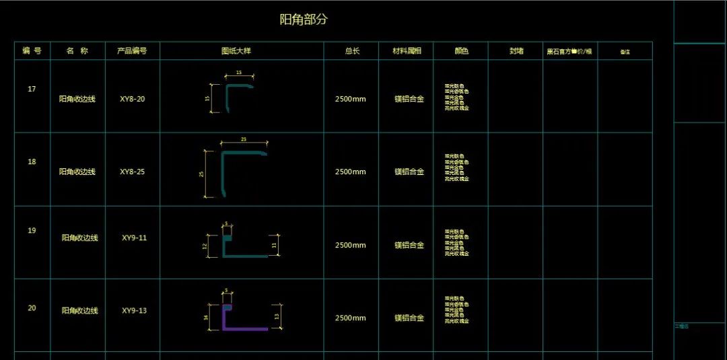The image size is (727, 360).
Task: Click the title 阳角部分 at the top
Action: coord(304,20)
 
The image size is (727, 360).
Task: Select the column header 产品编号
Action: coord(132,51)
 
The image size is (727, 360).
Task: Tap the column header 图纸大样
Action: coord(241,51)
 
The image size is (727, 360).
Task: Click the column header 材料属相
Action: coord(407,51)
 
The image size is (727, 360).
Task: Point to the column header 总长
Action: coord(351,51)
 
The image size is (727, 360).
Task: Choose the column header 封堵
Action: coord(516,51)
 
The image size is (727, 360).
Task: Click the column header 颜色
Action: coord(461,51)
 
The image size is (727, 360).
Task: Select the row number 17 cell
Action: coord(32,89)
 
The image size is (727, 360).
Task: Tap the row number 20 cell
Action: coord(32,308)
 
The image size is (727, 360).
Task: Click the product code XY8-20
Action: coord(132,100)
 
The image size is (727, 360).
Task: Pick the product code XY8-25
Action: coord(132,172)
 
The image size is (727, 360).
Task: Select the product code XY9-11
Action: coord(134,238)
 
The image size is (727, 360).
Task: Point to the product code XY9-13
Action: coord(134,311)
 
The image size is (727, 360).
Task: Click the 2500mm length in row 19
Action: coord(351,246)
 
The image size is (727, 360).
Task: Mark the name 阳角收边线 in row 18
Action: coord(77,172)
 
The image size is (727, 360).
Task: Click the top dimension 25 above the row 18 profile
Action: coord(244,139)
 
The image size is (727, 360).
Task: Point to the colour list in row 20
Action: coord(457,310)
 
